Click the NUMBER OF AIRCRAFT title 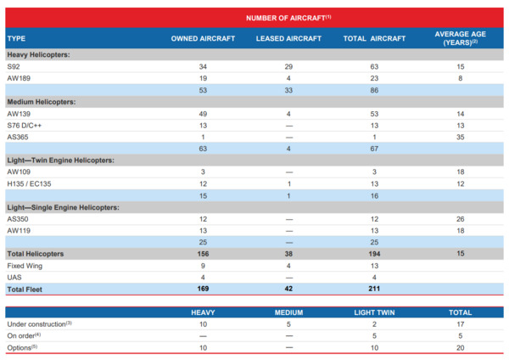288,18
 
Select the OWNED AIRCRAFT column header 203,38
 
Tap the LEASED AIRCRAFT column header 288,38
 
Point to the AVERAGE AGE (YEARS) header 460,38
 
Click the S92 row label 14,66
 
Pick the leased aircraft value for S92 288,66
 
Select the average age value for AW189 461,78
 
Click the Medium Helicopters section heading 42,102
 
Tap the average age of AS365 461,137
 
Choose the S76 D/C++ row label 25,126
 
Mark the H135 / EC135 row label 29,184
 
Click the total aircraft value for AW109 374,172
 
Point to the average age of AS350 461,219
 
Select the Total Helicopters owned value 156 203,254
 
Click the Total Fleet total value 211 374,289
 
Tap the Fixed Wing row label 25,266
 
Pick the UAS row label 14,278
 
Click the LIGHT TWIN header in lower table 374,312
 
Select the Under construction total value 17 461,324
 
